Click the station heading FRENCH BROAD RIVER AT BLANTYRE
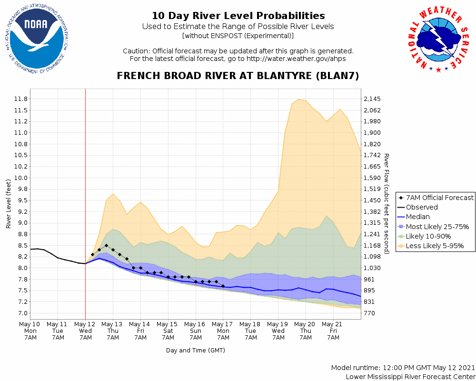(x=238, y=76)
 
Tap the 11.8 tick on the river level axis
(x=21, y=99)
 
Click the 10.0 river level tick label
(x=21, y=178)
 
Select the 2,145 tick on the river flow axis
(x=373, y=99)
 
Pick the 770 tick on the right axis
(x=369, y=313)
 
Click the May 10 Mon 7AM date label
(x=30, y=331)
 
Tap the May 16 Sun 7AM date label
(x=196, y=331)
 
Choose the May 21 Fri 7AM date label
(x=333, y=331)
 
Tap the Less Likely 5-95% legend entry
(x=433, y=246)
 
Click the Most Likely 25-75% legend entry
(x=434, y=227)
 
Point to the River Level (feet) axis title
(x=9, y=204)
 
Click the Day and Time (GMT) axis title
(x=196, y=350)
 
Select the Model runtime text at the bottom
(x=403, y=368)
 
